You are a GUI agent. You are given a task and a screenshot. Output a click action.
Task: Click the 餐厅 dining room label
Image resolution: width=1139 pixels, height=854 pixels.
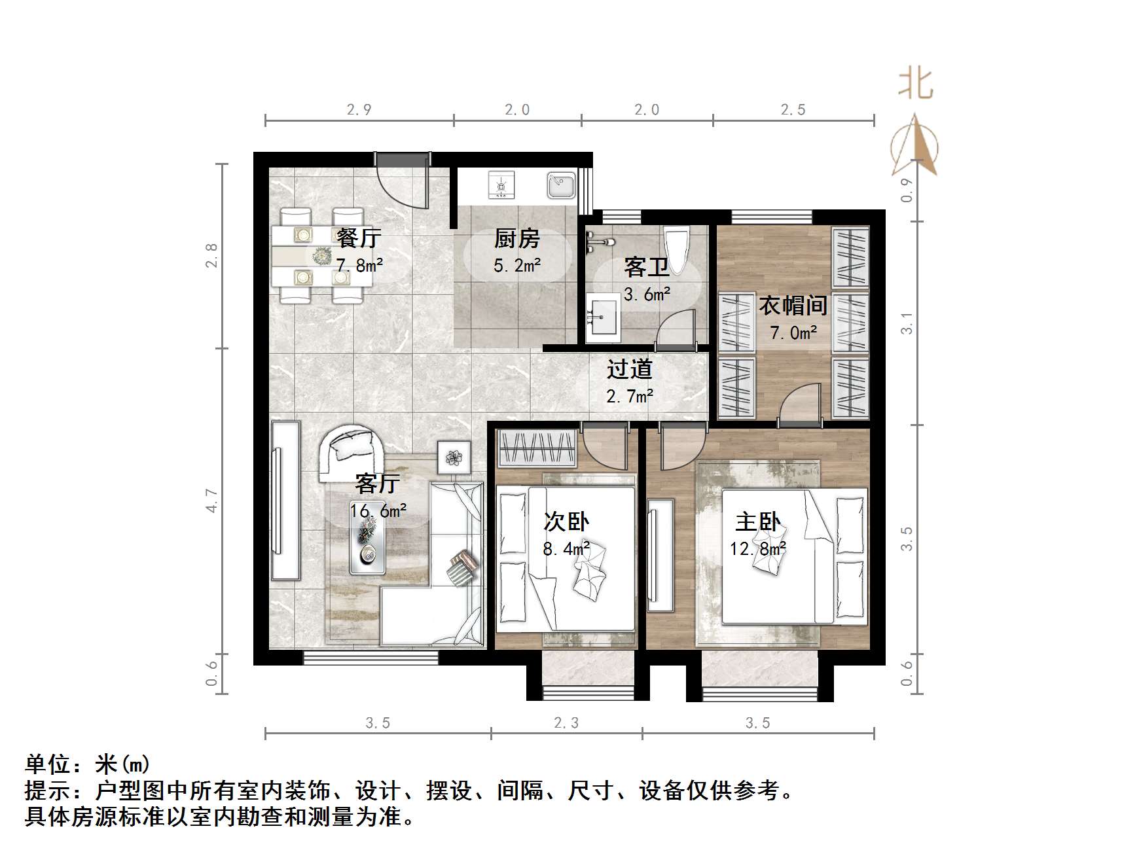point(358,238)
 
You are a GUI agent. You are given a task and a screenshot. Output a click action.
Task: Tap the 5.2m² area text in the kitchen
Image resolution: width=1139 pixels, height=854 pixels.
point(516,266)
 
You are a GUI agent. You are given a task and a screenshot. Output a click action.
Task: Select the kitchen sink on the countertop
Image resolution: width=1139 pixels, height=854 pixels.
point(561,186)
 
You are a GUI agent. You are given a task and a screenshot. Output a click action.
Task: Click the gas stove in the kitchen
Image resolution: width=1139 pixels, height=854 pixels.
point(501,186)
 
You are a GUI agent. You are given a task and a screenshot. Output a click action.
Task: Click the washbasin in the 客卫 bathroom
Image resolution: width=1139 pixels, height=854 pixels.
point(603,318)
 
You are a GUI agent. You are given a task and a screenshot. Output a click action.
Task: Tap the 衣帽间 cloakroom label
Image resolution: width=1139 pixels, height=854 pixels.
point(793,305)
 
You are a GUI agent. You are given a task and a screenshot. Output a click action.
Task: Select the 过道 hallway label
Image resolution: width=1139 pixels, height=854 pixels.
point(629,369)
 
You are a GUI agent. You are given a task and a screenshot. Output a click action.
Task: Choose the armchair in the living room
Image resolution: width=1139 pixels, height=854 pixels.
point(351,452)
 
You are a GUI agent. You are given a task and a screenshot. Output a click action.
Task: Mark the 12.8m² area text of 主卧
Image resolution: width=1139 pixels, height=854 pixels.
point(757,548)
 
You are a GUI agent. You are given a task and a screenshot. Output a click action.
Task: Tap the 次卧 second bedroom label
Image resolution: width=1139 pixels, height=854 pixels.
point(566,522)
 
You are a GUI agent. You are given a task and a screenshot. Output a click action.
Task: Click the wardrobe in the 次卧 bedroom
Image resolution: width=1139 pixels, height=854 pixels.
point(537,448)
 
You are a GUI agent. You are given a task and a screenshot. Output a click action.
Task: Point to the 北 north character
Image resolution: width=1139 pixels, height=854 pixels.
point(914,84)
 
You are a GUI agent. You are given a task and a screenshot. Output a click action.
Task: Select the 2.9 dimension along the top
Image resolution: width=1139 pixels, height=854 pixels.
point(359,110)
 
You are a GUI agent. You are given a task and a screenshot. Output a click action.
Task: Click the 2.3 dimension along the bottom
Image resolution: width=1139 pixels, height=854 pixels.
point(566,722)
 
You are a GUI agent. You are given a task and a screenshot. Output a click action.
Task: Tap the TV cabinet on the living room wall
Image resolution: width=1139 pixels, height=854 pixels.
point(286,500)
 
